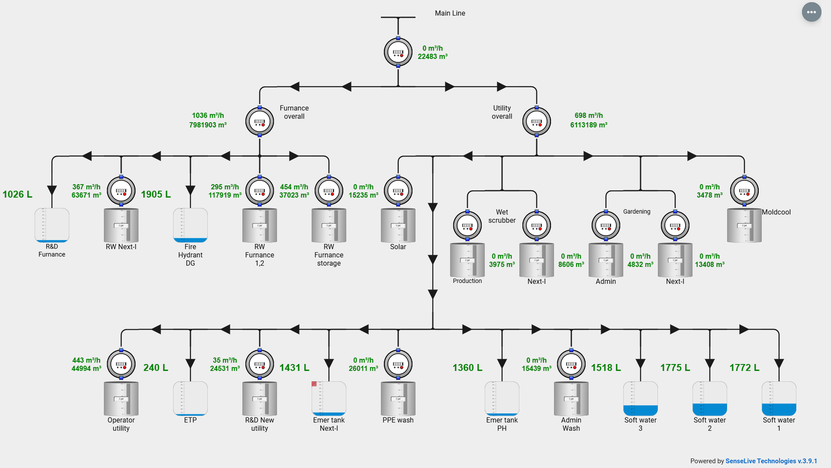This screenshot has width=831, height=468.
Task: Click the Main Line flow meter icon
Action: (398, 52)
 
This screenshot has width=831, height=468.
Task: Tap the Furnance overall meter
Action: (260, 122)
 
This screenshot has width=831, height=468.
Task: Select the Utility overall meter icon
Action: (537, 122)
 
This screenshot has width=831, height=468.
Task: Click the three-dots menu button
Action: (811, 12)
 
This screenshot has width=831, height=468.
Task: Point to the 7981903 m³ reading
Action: (208, 125)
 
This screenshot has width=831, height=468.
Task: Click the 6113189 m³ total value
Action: (588, 125)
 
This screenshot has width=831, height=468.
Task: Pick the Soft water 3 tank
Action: (640, 399)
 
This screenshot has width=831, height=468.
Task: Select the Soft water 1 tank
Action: (779, 399)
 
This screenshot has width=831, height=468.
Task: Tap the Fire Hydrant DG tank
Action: (190, 225)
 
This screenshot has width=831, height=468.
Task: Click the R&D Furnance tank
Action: (52, 225)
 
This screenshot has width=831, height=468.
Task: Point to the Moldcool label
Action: (776, 212)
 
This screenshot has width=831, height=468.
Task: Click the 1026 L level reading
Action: (17, 194)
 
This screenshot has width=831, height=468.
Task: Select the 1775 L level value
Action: (675, 368)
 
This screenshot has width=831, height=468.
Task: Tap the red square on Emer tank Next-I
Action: (314, 384)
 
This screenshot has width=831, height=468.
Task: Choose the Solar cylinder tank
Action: (398, 225)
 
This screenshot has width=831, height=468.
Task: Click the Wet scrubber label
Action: (502, 216)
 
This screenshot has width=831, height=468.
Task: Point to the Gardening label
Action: (636, 212)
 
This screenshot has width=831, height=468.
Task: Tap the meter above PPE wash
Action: (398, 364)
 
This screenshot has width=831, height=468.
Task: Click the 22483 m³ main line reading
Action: (432, 57)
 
